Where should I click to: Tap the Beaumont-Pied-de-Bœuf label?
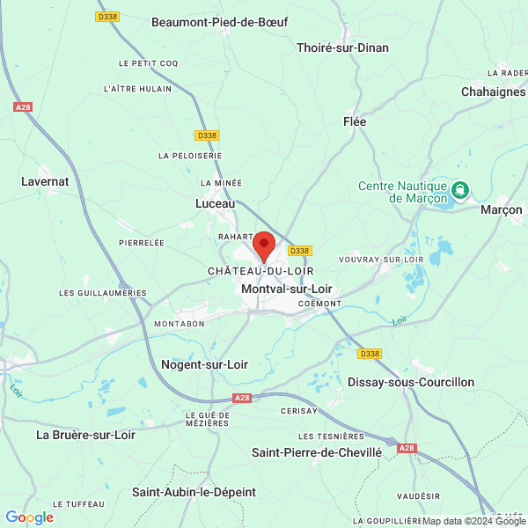[219, 21]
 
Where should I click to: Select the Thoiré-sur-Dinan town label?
[343, 48]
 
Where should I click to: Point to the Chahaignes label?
[493, 92]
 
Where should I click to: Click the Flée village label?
[355, 122]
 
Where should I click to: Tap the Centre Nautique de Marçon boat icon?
[459, 190]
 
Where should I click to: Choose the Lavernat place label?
[45, 181]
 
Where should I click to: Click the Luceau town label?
[215, 203]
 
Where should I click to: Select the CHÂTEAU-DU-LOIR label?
[260, 271]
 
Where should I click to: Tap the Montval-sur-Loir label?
[286, 288]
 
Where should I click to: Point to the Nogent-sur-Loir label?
[205, 363]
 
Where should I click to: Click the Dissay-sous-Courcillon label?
[411, 382]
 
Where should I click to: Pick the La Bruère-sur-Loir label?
[85, 434]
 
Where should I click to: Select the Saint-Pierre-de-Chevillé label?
[317, 452]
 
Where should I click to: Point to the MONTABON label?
[180, 324]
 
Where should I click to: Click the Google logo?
[29, 517]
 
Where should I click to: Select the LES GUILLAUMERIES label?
[102, 292]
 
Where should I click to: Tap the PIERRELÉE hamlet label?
[142, 241]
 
